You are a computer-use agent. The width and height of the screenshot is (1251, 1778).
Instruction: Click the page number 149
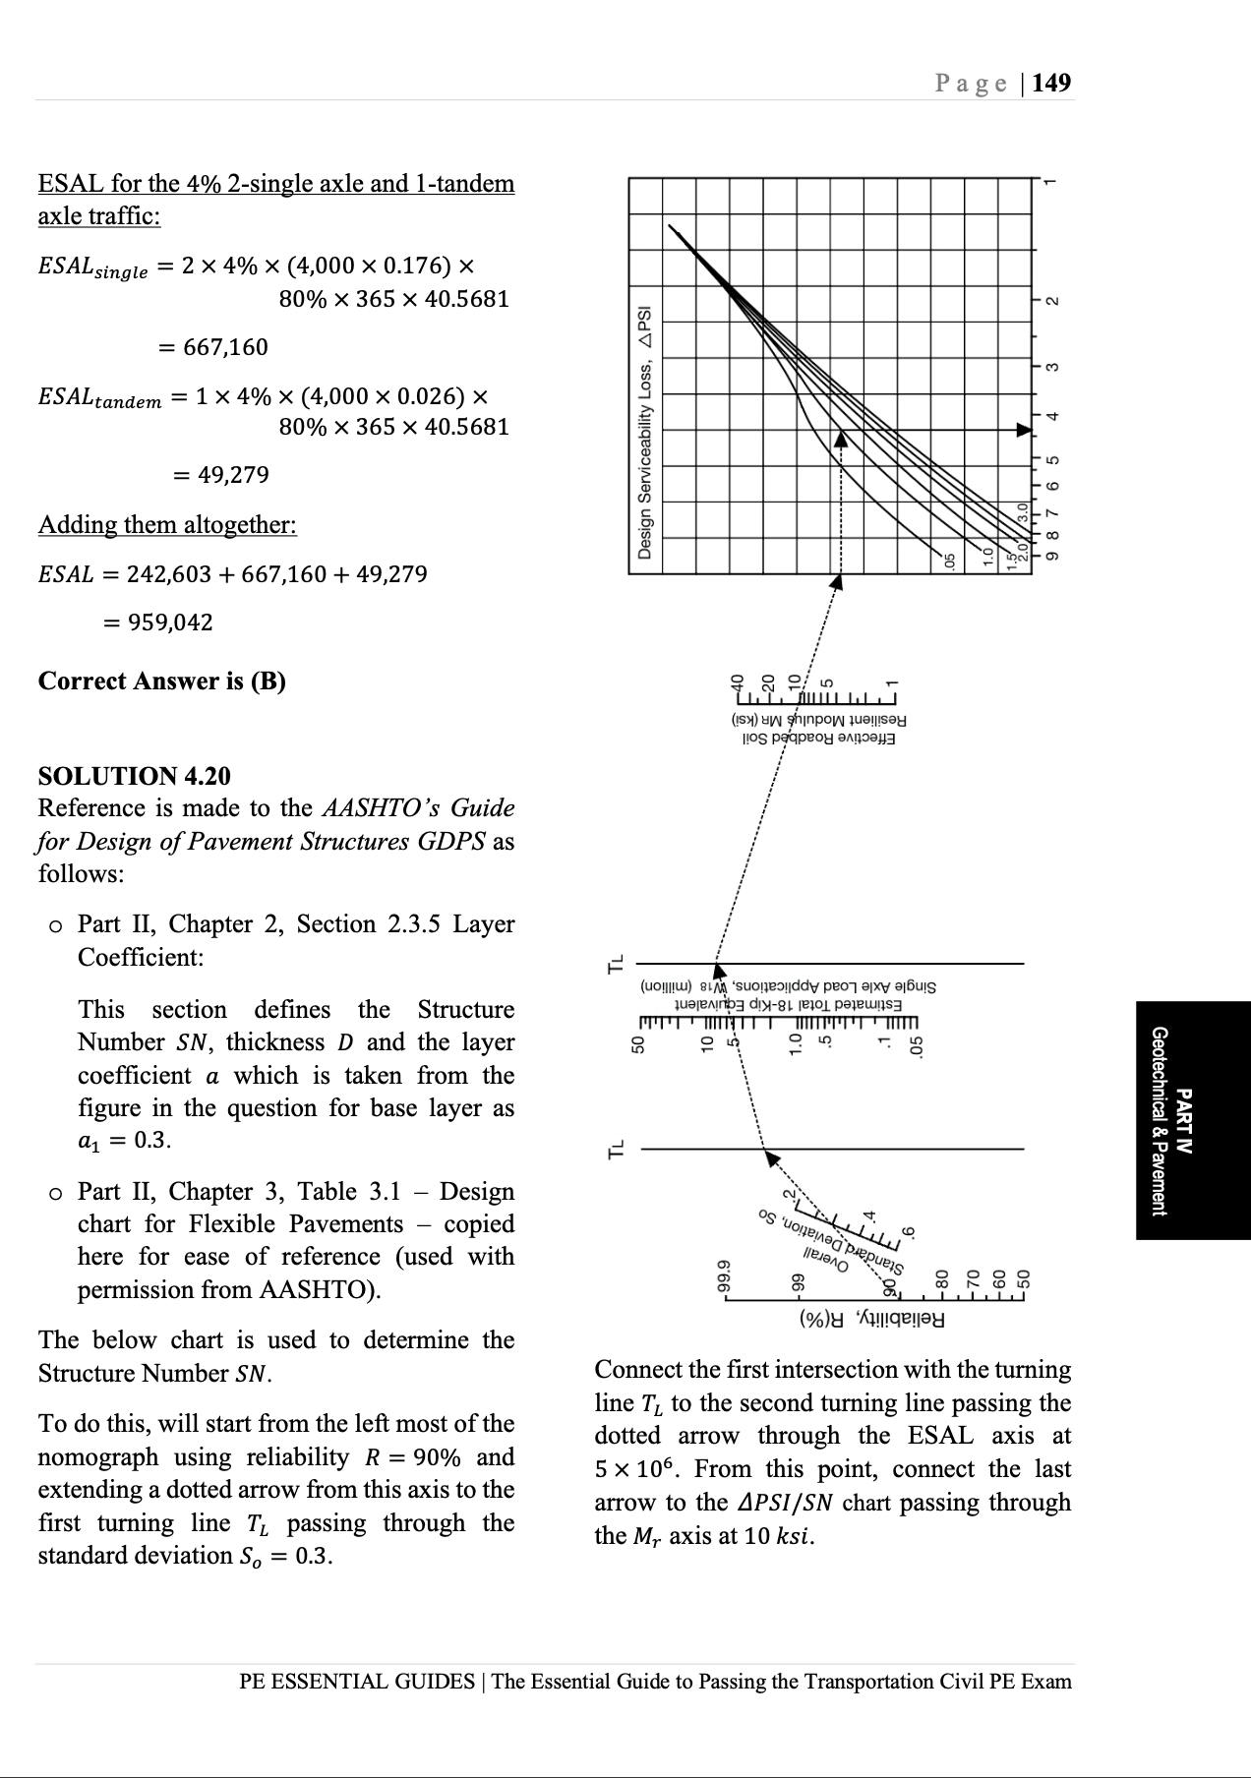(x=1052, y=83)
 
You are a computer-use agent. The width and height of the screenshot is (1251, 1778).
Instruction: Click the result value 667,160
(x=224, y=347)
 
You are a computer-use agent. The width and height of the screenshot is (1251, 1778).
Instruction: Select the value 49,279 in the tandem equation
(x=234, y=475)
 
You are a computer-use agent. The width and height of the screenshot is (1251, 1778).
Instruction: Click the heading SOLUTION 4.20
(x=135, y=776)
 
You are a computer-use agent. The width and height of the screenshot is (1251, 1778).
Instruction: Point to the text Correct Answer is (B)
(x=162, y=682)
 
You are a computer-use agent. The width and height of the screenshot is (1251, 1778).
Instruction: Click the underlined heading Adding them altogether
(x=167, y=525)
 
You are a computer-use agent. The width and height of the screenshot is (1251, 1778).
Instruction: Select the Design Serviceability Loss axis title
(x=645, y=433)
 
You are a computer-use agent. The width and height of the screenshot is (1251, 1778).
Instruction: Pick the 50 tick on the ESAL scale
(x=638, y=1045)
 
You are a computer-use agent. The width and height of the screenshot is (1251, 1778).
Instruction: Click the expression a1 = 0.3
(x=125, y=1141)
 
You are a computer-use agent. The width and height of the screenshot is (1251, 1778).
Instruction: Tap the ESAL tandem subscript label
(x=99, y=397)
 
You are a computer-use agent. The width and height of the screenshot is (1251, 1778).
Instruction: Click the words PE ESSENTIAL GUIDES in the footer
(x=357, y=1681)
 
